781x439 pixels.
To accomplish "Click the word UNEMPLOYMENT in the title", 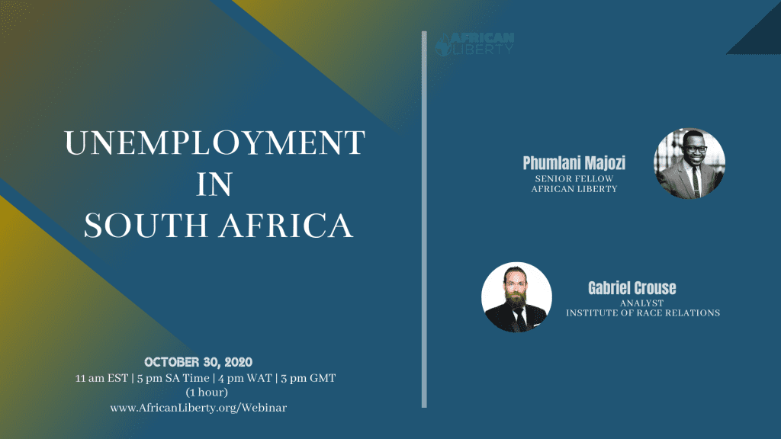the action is point(215,143).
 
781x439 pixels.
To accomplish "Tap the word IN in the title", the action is point(214,184).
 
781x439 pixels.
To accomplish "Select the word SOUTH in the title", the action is point(146,226).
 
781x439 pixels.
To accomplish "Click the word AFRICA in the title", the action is point(287,226).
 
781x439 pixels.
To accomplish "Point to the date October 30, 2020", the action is point(198,362).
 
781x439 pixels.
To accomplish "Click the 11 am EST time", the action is point(101,378).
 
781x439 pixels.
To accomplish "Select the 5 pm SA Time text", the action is point(173,378).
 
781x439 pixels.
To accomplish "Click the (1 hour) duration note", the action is point(207,393).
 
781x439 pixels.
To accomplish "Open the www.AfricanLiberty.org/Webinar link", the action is point(198,408).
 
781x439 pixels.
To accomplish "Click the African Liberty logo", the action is point(474,43).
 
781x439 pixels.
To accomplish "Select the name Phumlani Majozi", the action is point(574,163).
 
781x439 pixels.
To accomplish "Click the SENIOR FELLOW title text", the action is point(574,178).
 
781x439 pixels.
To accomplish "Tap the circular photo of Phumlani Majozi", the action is point(689,163).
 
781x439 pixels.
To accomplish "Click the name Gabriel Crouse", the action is point(632,287).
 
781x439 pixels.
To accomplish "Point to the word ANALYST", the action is point(642,303).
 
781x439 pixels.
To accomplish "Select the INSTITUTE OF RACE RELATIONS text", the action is point(643,313).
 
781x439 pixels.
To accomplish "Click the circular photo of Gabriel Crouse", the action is point(516,297).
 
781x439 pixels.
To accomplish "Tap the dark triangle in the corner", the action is point(763,36).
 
